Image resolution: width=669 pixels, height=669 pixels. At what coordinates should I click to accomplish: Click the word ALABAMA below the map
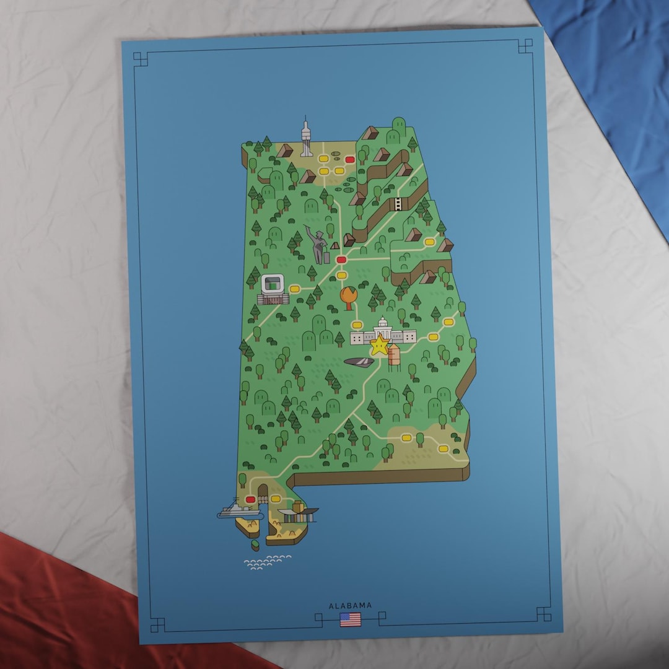tap(350, 606)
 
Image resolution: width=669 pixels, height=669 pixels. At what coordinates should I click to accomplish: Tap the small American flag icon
tap(350, 619)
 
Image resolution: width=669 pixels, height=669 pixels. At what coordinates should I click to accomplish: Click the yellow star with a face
tap(379, 346)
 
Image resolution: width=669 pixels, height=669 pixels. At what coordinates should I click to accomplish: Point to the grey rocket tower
tap(306, 138)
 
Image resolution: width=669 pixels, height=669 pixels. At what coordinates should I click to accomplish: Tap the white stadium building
tap(273, 288)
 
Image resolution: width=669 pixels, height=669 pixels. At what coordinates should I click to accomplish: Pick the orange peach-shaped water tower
tap(349, 297)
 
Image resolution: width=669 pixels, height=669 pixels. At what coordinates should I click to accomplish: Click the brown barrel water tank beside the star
tap(394, 357)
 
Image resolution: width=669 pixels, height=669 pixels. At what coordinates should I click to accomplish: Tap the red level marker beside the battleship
tap(251, 499)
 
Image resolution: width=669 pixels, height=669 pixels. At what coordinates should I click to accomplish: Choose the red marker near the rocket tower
tap(350, 159)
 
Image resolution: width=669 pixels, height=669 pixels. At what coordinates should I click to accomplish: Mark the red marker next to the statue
tap(341, 260)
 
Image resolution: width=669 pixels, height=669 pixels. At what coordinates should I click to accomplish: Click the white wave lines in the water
tap(266, 562)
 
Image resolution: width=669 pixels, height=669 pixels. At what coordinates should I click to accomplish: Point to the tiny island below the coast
tap(255, 546)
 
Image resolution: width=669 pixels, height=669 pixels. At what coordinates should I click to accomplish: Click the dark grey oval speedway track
tap(359, 362)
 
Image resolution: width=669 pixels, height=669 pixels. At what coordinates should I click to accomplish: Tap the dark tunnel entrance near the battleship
tap(263, 491)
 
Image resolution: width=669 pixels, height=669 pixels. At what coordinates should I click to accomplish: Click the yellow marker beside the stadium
tap(295, 289)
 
